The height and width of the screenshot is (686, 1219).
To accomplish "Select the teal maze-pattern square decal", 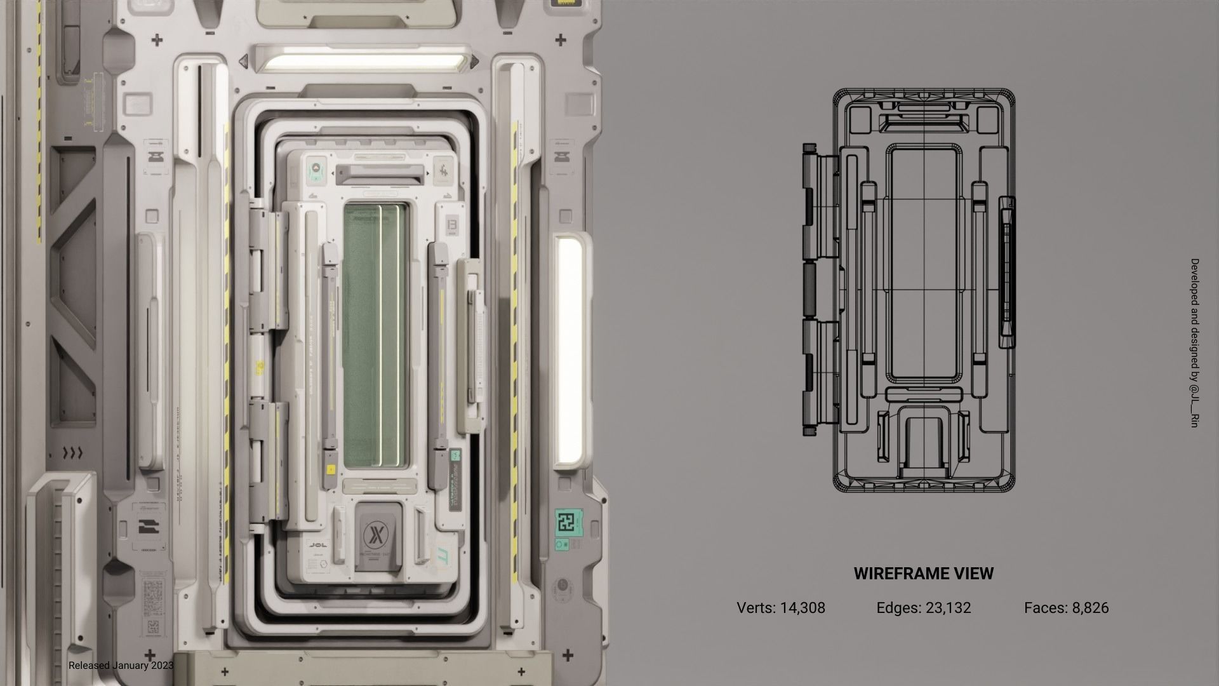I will click(565, 522).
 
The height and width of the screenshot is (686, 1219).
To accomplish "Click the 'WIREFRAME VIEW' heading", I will click(923, 574).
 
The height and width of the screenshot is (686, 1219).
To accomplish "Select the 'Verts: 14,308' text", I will click(780, 608).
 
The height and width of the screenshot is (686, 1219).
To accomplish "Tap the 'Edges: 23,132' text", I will click(923, 608).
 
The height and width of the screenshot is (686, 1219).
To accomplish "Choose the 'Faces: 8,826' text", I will click(1066, 608).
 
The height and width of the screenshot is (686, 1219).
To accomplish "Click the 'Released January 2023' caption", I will click(121, 666).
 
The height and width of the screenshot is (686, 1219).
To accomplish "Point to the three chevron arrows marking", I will click(74, 453).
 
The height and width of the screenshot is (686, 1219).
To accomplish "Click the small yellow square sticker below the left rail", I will click(330, 470).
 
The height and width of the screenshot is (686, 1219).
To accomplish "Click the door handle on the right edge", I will click(471, 343).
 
